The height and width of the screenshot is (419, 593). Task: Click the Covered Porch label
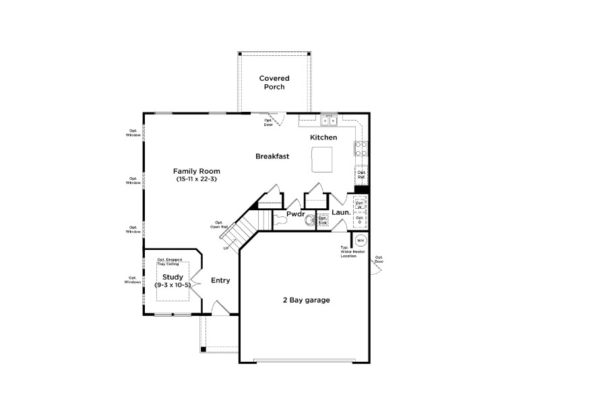274,83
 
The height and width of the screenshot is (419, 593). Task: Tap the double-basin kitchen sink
328,121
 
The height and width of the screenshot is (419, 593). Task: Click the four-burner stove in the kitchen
361,148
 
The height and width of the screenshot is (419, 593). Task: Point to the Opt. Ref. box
361,175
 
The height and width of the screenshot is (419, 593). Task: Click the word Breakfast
272,156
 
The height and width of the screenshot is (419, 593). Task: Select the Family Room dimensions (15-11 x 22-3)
197,180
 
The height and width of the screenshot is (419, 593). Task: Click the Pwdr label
296,214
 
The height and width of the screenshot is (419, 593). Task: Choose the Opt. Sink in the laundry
323,220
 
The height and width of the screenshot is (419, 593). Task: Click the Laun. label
341,212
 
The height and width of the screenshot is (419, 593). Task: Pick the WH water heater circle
360,240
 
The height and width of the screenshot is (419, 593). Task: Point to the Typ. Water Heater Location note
349,252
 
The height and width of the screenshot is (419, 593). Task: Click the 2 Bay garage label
306,300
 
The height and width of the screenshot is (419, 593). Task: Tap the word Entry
220,280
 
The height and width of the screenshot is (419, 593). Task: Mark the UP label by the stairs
226,249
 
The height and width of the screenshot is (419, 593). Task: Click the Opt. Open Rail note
218,224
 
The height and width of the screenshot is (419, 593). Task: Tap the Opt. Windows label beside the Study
133,280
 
